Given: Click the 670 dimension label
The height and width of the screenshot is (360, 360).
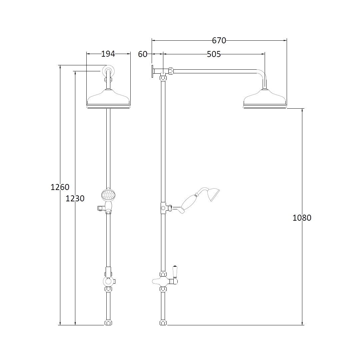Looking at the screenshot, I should click(219, 41).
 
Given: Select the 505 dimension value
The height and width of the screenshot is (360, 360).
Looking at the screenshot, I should click(214, 54).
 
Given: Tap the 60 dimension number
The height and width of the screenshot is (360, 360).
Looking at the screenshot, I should click(143, 54).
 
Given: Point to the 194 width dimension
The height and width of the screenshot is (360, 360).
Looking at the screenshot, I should click(108, 54).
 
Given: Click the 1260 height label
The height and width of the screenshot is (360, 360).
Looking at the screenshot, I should click(60, 187).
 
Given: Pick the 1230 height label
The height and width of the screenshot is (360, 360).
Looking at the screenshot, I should click(75, 199).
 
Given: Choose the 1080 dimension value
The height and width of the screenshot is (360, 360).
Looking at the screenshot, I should click(302, 218).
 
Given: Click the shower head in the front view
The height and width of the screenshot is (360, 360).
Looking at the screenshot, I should click(108, 100).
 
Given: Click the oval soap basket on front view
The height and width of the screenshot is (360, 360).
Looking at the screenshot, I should click(108, 195).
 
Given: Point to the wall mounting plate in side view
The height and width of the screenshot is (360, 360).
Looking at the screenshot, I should click(152, 71).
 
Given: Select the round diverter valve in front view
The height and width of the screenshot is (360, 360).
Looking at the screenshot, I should click(108, 281).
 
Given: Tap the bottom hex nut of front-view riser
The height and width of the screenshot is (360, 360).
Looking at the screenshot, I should click(108, 323).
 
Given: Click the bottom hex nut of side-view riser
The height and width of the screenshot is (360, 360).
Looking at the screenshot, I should click(163, 323).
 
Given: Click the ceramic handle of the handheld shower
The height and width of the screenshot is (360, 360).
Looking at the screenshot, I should click(190, 203).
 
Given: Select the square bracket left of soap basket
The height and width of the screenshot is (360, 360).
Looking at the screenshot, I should click(100, 208).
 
